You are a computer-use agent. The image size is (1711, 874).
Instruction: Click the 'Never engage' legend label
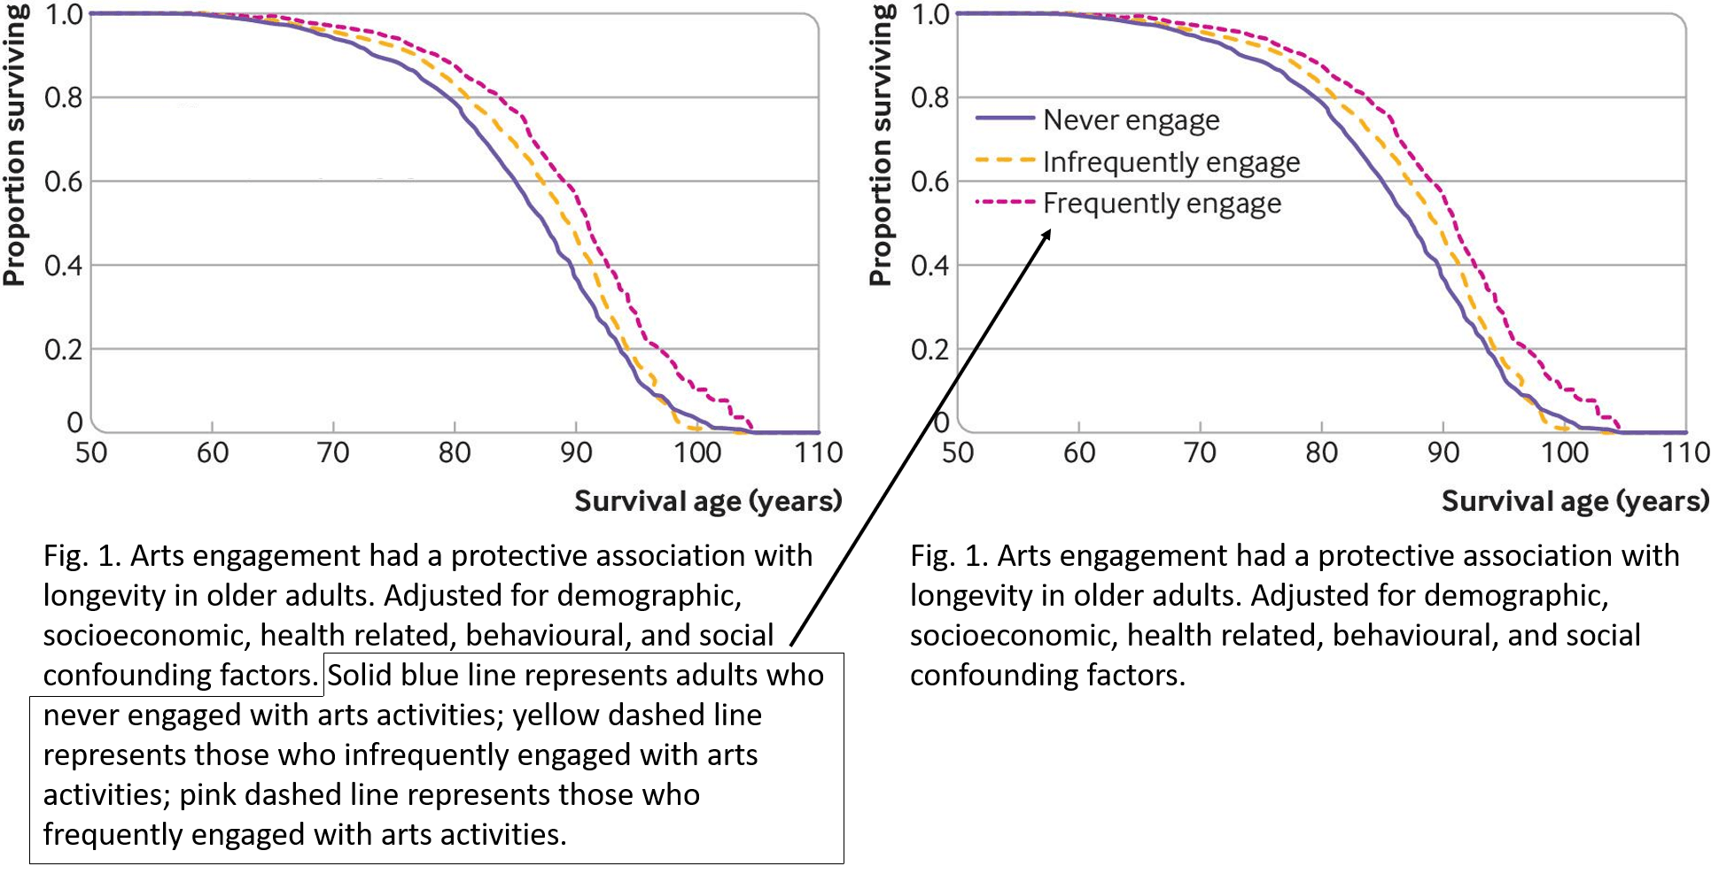point(1131,120)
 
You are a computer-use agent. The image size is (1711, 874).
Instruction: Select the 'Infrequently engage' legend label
point(1170,162)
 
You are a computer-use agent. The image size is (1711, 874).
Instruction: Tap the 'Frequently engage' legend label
point(1162,204)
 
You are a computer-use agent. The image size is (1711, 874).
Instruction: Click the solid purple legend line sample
point(1005,118)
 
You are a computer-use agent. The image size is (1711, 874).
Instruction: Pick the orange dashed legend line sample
point(1005,160)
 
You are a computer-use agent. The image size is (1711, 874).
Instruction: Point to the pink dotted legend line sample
point(1005,202)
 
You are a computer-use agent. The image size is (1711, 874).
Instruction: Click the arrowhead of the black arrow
point(1047,234)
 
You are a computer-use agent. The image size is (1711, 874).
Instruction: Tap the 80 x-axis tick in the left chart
point(455,453)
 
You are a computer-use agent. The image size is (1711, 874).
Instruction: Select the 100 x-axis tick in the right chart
point(1564,453)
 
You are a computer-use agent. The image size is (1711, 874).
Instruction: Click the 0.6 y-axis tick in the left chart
point(63,182)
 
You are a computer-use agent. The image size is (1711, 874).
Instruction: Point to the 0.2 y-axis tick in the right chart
point(929,350)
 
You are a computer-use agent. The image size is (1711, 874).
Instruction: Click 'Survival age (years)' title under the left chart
point(707,501)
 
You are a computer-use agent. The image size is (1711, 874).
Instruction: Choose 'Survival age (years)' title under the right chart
point(1574,501)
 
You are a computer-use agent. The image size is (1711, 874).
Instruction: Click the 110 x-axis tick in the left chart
point(818,453)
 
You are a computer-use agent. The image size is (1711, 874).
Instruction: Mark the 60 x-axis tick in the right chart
point(1078,453)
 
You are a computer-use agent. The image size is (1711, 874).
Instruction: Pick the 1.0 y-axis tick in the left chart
point(63,15)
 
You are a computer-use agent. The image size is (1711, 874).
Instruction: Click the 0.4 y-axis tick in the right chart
point(929,266)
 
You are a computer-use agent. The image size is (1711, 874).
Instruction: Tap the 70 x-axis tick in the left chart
point(333,453)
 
